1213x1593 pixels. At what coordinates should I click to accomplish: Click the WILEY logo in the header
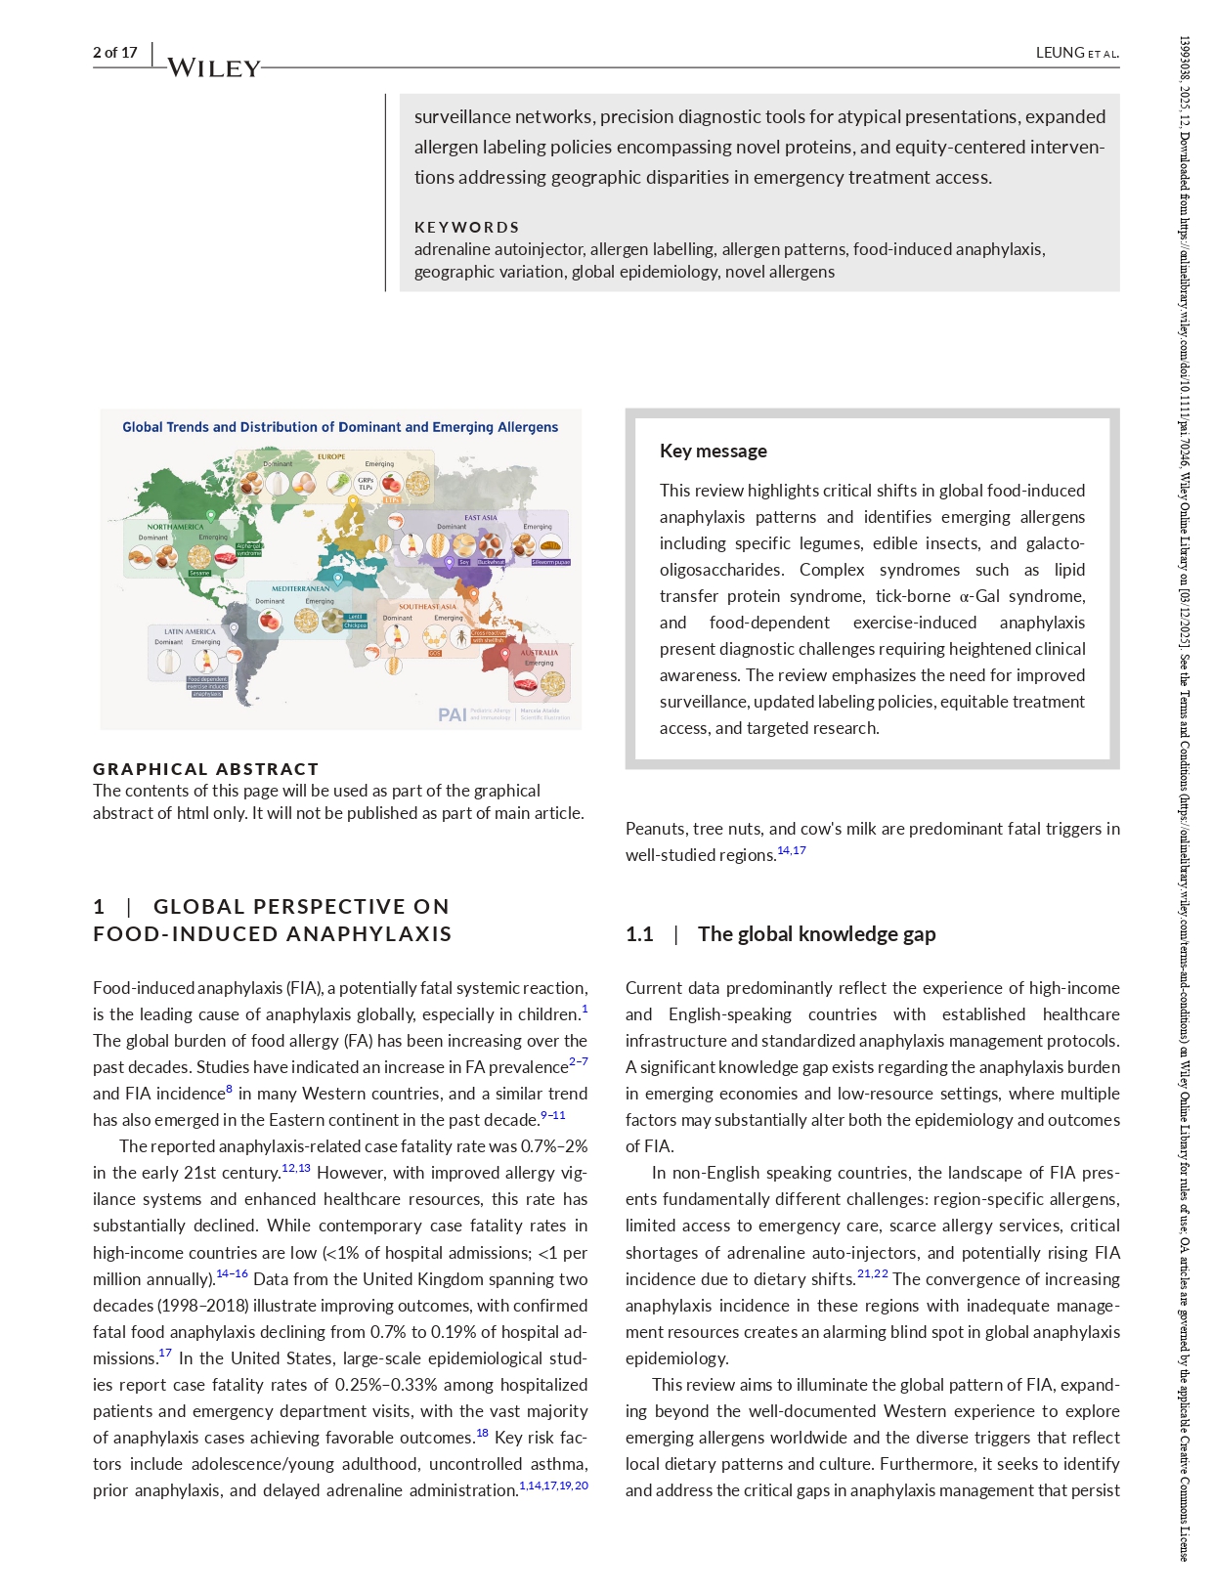coord(214,67)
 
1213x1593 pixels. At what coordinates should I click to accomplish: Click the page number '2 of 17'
coord(115,53)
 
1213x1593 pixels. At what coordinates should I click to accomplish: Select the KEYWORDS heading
coord(466,227)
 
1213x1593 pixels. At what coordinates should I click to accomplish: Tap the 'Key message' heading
coord(713,451)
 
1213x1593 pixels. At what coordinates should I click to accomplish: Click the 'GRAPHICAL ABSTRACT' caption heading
coord(205,769)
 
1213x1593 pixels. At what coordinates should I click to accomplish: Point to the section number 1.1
coord(639,934)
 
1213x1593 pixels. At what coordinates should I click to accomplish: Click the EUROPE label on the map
coord(331,456)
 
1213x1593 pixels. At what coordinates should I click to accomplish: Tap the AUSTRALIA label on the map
coord(539,652)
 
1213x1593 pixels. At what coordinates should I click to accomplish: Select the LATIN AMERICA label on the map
coord(190,631)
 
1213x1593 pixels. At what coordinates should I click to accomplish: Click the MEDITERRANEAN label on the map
coord(300,588)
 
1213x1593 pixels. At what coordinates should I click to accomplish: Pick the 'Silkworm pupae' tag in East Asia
coord(550,562)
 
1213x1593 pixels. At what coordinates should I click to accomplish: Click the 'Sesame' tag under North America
coord(199,573)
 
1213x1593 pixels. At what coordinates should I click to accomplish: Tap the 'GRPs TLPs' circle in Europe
coord(366,483)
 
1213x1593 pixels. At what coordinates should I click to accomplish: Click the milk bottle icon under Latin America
coord(168,662)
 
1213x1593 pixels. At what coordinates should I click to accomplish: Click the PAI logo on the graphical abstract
coord(453,714)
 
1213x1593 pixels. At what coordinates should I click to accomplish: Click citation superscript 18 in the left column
coord(482,1434)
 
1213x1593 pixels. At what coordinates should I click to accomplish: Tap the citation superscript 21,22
coord(872,1274)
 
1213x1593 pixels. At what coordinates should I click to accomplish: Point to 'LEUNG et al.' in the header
coord(1076,53)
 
